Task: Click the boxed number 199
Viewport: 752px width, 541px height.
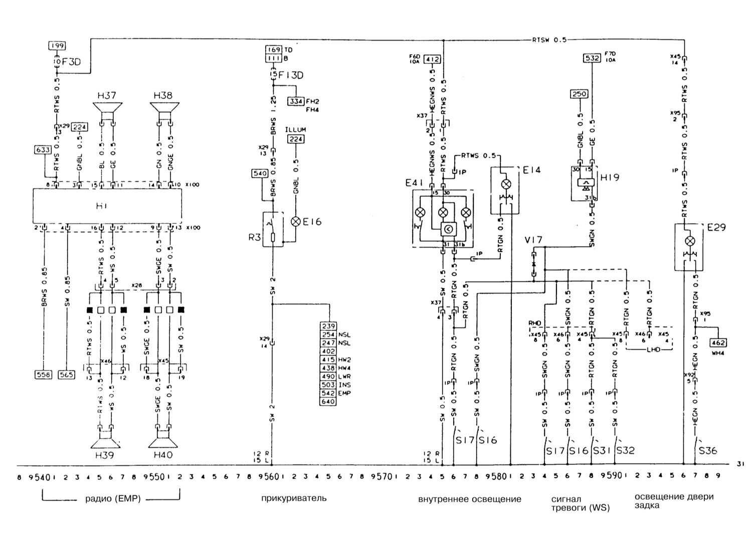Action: click(57, 46)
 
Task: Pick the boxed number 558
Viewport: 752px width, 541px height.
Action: click(44, 374)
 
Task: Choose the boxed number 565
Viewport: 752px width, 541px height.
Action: click(67, 374)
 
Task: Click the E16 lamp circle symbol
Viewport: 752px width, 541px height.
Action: click(296, 221)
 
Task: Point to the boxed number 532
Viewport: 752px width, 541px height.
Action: click(592, 58)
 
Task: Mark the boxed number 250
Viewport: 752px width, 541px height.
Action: click(580, 94)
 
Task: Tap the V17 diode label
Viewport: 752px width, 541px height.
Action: click(533, 240)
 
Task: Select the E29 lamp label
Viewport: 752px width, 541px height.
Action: click(716, 228)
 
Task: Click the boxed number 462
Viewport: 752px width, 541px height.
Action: click(718, 343)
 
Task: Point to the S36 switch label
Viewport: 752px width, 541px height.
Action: click(708, 451)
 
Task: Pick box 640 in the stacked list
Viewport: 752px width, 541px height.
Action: click(329, 401)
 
